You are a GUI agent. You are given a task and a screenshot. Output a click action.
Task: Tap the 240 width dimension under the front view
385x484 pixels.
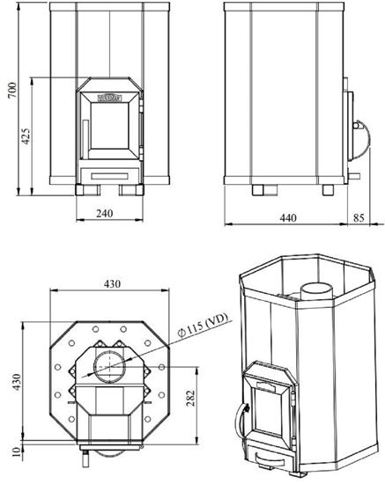(x=106, y=212)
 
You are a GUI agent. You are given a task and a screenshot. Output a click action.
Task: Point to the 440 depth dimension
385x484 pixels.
(x=287, y=217)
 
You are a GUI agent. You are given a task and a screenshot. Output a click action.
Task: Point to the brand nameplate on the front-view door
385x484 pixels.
(x=110, y=87)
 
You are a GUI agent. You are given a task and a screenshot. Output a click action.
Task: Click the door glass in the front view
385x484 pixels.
(x=110, y=124)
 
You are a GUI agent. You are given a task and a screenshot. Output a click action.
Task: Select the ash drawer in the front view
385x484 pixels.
(x=110, y=169)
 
